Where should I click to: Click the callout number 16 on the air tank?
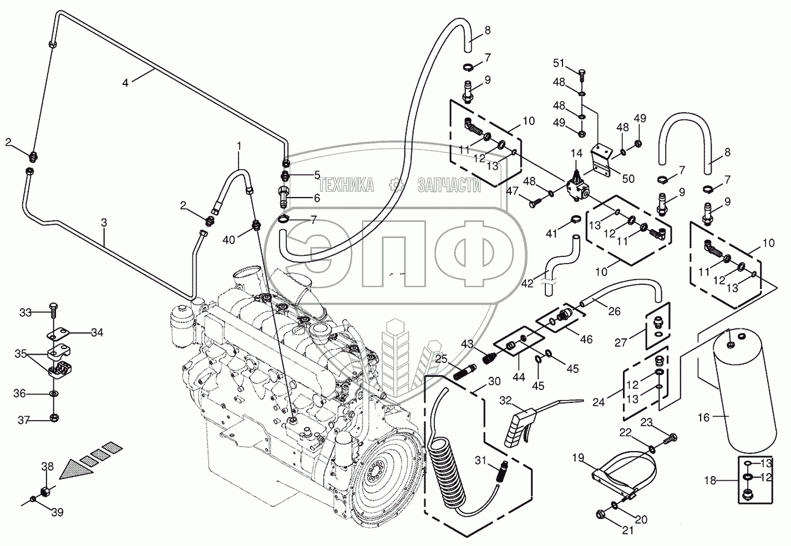pyautogui.click(x=703, y=417)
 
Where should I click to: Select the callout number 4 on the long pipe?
pyautogui.click(x=125, y=83)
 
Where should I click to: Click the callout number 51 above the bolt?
pyautogui.click(x=557, y=62)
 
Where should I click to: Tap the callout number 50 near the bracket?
pyautogui.click(x=627, y=179)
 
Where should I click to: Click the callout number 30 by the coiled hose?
pyautogui.click(x=494, y=381)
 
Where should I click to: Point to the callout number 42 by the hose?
pyautogui.click(x=528, y=283)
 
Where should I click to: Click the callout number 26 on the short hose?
pyautogui.click(x=614, y=311)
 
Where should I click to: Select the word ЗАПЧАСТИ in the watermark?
pyautogui.click(x=449, y=186)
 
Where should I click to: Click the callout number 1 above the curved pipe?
pyautogui.click(x=240, y=145)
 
